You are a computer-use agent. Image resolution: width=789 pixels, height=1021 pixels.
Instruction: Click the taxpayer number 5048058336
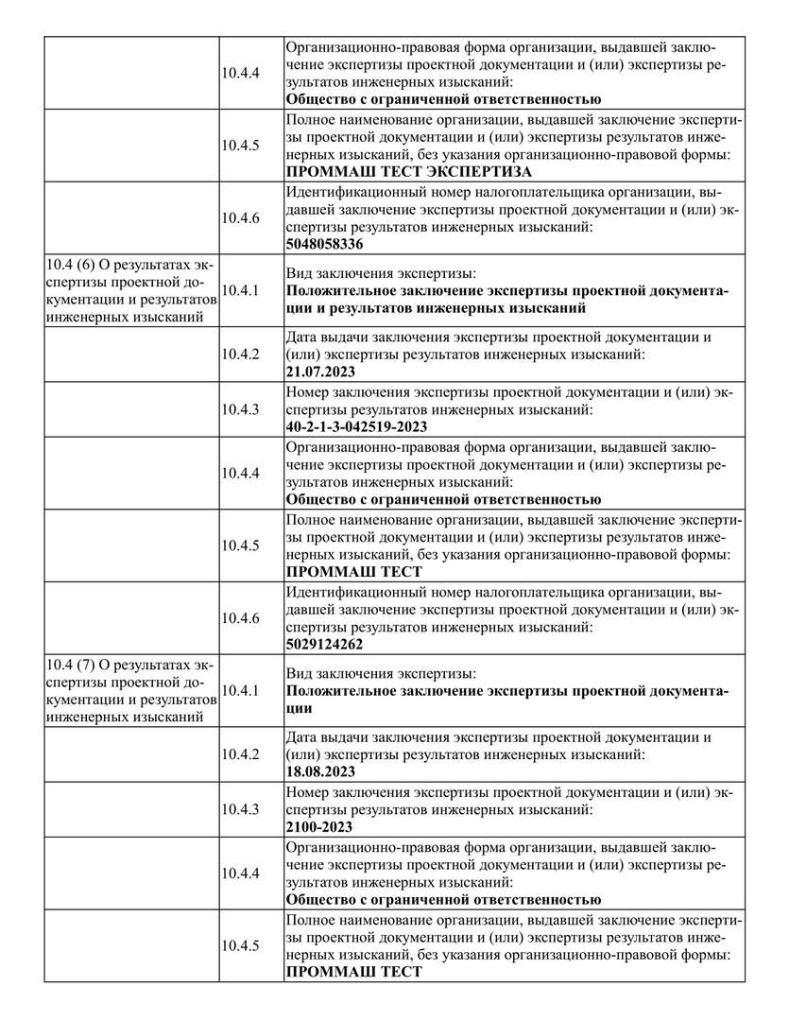click(324, 244)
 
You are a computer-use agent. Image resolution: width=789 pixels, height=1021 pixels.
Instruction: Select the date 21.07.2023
click(320, 372)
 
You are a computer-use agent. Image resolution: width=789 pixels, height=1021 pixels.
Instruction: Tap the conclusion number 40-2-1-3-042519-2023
click(356, 426)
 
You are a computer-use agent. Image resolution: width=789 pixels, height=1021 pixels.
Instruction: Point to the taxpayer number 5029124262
click(324, 645)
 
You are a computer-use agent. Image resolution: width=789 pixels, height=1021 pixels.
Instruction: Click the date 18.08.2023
click(320, 771)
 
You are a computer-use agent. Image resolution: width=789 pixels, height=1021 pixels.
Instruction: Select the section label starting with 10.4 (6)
click(131, 289)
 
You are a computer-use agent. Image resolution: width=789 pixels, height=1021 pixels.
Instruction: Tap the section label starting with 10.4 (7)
click(131, 689)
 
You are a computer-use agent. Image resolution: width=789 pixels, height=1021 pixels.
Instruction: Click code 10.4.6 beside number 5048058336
click(240, 217)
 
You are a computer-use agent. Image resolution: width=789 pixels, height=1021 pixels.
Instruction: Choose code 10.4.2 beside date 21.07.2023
click(240, 354)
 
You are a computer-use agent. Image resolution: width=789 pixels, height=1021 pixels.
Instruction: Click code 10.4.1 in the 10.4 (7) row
click(240, 690)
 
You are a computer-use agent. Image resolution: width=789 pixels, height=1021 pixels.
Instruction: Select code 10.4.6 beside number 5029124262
click(240, 617)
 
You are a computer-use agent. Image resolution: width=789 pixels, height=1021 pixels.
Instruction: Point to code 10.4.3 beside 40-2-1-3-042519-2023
click(240, 408)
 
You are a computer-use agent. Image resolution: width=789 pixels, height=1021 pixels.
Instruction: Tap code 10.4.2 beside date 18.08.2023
click(240, 753)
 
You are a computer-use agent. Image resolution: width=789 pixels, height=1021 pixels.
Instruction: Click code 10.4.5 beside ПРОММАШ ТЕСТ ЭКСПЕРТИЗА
click(240, 145)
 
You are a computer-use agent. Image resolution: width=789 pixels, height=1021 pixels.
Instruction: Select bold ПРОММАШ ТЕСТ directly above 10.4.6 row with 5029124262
click(353, 572)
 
